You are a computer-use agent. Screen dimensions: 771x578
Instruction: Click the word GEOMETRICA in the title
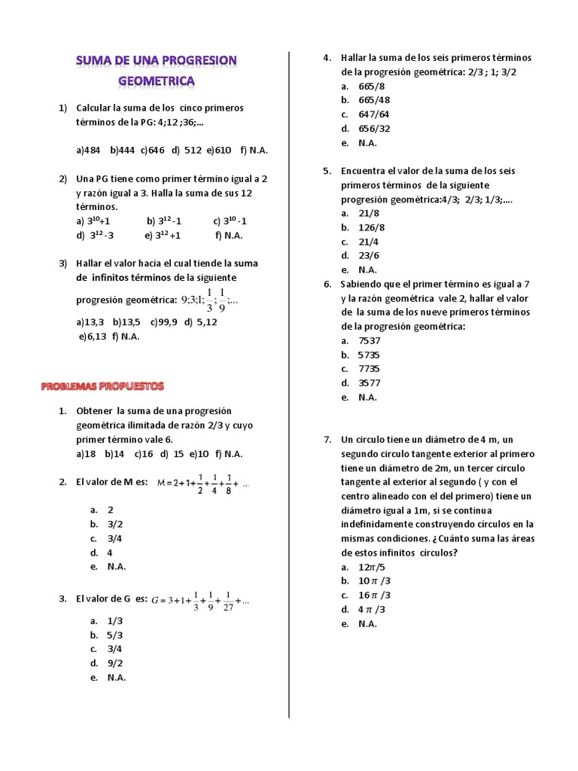click(157, 80)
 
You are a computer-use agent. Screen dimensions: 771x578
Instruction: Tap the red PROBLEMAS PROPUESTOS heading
click(101, 386)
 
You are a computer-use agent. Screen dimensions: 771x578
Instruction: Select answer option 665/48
click(374, 100)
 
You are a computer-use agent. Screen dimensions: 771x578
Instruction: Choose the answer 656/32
click(374, 129)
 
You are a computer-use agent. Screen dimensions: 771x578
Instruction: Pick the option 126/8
click(372, 227)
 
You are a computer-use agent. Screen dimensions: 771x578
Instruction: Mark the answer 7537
click(370, 340)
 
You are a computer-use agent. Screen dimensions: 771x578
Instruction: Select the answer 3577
click(370, 382)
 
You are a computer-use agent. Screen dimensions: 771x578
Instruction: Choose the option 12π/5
click(373, 567)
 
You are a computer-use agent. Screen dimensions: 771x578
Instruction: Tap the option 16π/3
click(374, 595)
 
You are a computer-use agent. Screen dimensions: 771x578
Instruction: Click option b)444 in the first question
click(122, 150)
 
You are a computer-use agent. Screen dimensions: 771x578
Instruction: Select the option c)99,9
click(163, 322)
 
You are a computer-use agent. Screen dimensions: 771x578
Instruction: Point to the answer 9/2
click(115, 663)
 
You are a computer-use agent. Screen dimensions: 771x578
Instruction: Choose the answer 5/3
click(115, 635)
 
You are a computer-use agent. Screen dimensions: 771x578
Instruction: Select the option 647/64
click(374, 114)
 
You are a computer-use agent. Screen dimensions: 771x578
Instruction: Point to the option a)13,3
click(90, 322)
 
